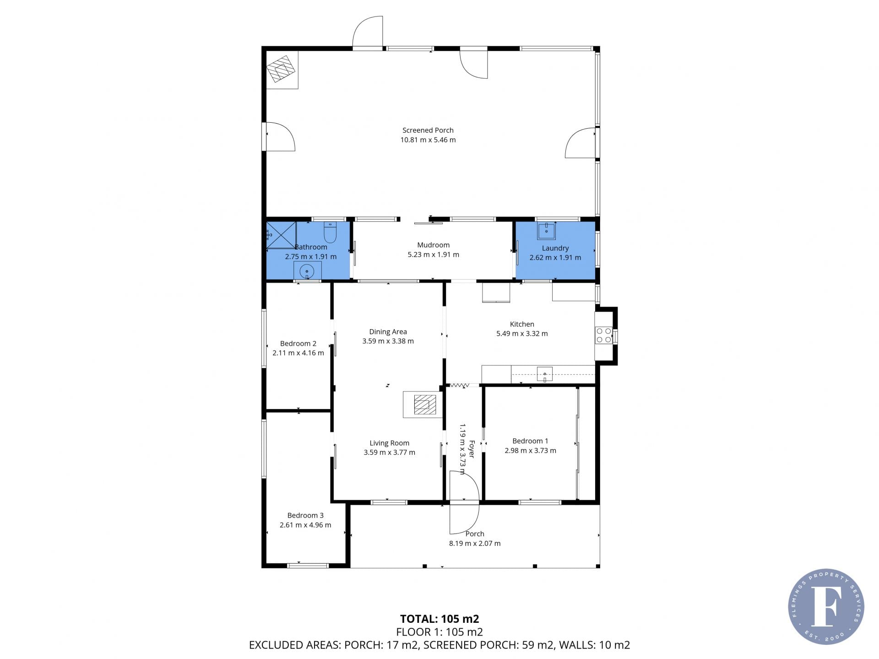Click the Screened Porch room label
point(428,131)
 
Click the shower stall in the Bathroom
point(282,235)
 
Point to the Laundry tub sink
point(546,231)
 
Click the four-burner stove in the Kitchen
point(603,335)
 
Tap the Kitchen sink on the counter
point(545,374)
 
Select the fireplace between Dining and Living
point(422,405)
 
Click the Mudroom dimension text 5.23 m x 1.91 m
point(433,255)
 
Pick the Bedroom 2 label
point(298,343)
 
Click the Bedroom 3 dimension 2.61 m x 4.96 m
point(305,525)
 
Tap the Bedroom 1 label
point(530,441)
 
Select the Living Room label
point(390,443)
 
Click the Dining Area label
point(388,332)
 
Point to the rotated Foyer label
point(472,449)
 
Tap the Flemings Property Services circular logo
point(826,606)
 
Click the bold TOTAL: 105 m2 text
point(439,619)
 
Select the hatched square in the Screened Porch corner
point(281,69)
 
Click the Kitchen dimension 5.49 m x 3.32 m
point(522,334)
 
